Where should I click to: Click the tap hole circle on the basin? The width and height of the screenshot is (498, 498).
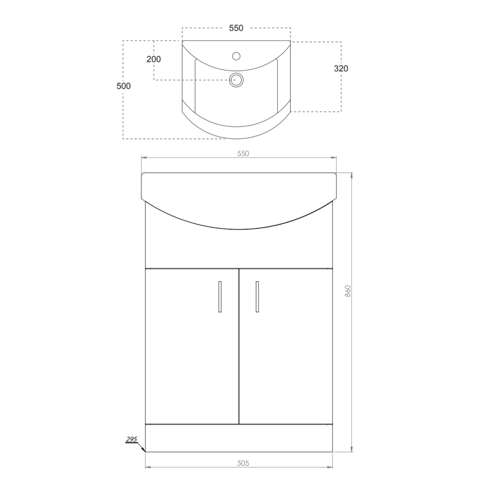236,56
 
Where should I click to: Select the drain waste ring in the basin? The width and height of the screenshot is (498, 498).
236,80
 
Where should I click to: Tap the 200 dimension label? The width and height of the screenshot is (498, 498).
153,59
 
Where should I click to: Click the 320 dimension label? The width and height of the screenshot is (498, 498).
341,68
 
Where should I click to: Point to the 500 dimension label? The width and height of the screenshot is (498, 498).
124,86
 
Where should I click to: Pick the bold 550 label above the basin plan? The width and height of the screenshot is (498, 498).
236,28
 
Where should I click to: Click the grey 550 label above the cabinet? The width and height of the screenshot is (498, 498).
243,153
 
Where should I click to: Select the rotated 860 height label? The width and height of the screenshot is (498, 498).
348,291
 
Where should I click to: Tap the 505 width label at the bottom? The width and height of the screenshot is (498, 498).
243,463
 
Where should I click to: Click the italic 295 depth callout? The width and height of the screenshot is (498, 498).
131,439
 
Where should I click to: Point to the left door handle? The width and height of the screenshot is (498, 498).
220,296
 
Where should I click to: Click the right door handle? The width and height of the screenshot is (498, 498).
257,296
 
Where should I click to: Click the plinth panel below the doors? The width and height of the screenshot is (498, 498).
239,438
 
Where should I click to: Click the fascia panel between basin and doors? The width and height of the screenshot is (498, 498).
239,249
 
